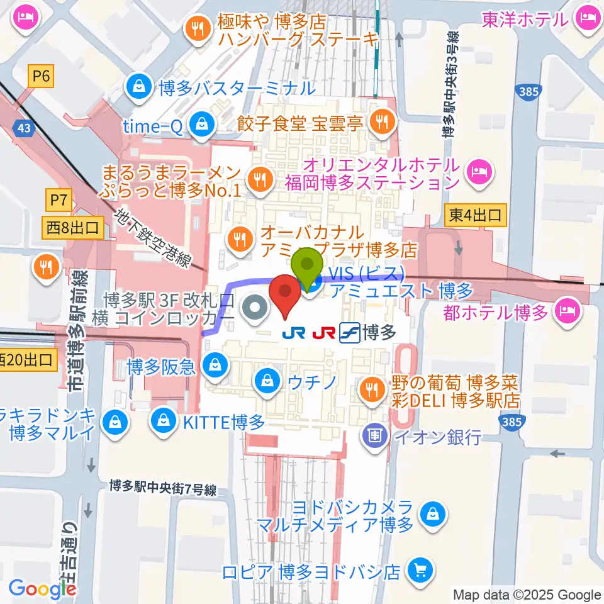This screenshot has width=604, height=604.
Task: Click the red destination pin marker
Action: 284,294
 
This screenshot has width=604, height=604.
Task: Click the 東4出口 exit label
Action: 476,216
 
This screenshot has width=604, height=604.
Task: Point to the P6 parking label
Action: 42,77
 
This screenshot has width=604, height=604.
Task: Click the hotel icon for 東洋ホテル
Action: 586,20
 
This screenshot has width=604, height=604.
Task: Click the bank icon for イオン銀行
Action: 376,435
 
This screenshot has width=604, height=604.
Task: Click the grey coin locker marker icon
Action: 255,308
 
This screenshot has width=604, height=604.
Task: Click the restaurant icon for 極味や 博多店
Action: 197,27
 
